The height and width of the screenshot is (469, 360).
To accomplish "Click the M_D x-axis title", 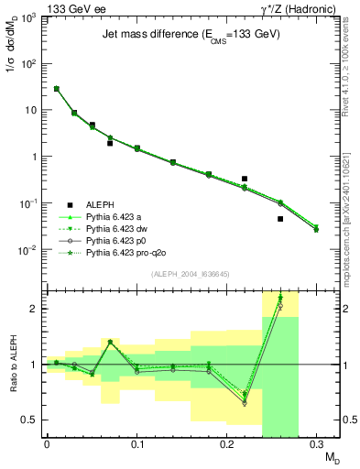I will (328, 459).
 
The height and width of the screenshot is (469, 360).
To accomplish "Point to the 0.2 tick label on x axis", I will (227, 445).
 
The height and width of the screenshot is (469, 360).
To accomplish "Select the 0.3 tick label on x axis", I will (317, 445).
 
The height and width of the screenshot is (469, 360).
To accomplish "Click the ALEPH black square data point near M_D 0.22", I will (245, 179).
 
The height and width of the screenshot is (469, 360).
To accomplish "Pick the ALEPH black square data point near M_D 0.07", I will (110, 143).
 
